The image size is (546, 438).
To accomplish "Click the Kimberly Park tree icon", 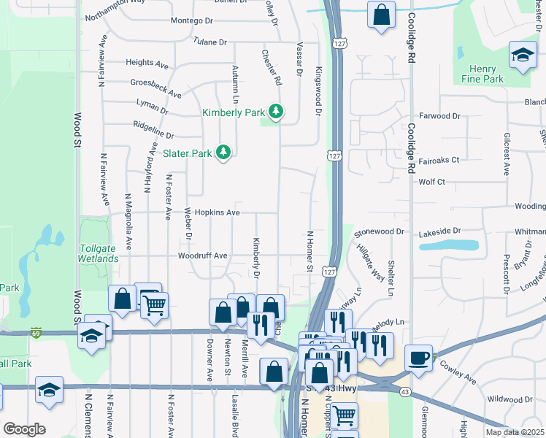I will point(276,112).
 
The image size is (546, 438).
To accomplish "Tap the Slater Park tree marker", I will point(224,153).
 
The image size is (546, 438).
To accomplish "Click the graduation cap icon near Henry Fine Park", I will point(523,55).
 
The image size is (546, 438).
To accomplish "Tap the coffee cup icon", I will point(419,358).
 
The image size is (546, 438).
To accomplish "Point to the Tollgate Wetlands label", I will point(98,253).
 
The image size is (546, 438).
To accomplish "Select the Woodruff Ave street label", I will point(203,256).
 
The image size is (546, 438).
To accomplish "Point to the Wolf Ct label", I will point(432,182).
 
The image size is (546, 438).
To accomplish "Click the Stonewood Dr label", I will point(379,231).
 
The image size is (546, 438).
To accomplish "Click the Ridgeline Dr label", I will point(153,134).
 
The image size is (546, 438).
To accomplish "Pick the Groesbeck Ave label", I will point(155,88).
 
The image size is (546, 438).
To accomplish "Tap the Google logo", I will point(24,429).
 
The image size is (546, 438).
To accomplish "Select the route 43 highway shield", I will point(404,392).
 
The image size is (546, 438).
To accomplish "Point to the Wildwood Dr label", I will point(510,399).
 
